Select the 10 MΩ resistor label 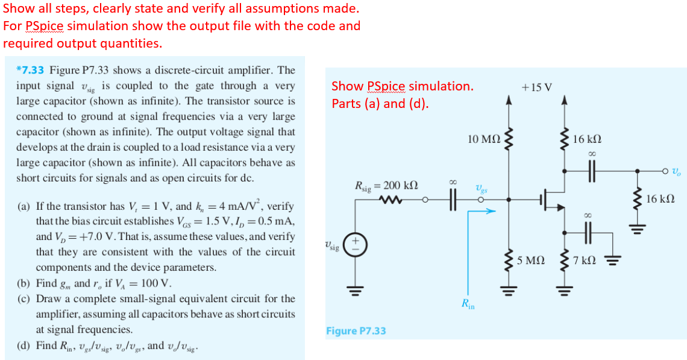483,140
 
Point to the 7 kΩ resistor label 585,261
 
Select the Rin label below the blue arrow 468,304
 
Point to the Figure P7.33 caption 356,330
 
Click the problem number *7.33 31,71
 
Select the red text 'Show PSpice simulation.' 402,86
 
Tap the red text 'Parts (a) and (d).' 380,103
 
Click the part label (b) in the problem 25,283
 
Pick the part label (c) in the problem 25,298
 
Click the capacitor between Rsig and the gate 456,200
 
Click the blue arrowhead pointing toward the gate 491,212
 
